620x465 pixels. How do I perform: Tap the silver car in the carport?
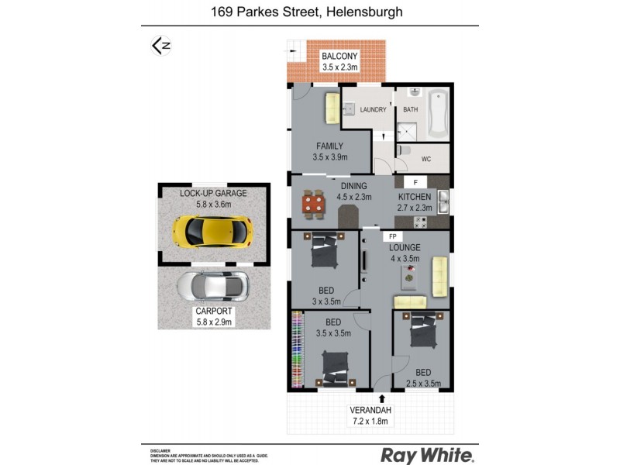click(212, 286)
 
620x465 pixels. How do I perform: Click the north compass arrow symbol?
click(160, 46)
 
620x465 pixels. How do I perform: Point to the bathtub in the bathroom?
click(437, 113)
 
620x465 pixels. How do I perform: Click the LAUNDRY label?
click(373, 110)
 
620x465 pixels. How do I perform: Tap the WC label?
click(425, 159)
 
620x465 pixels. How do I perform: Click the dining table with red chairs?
click(313, 204)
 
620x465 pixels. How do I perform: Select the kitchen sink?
click(443, 203)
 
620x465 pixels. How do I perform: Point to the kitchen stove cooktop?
click(422, 222)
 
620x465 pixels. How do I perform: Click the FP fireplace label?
click(392, 235)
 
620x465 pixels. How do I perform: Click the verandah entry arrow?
click(381, 398)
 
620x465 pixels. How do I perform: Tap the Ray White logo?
click(427, 455)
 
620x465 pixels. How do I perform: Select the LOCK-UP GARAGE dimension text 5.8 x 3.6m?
click(213, 205)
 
